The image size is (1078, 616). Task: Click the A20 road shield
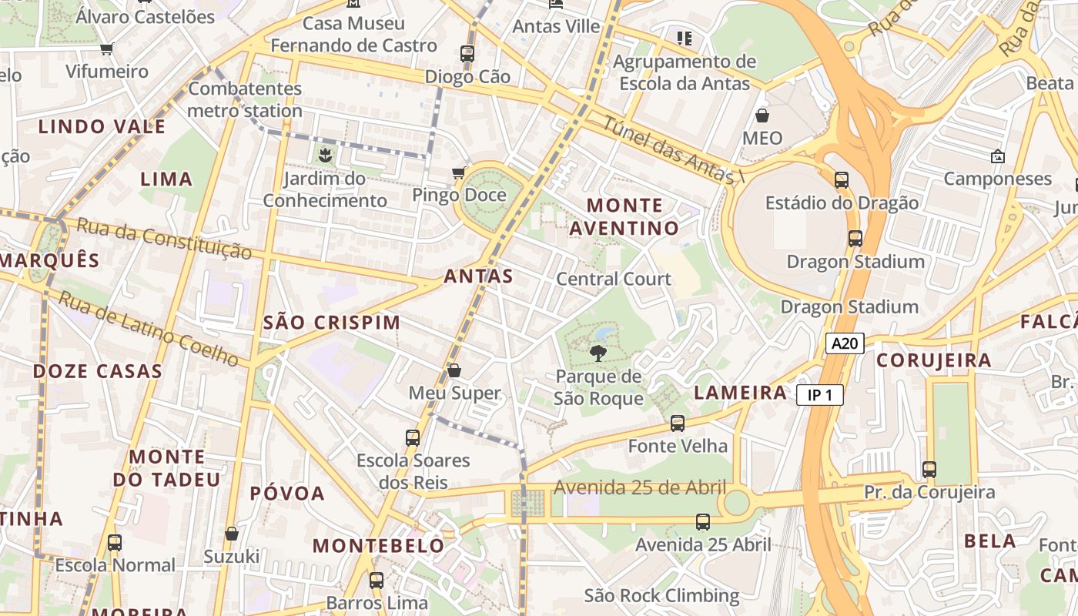(845, 343)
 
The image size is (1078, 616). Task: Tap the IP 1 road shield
(820, 396)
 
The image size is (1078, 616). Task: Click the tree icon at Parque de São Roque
(597, 353)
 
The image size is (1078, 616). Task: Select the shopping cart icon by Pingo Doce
(459, 172)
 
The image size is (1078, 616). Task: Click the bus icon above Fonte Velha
(678, 423)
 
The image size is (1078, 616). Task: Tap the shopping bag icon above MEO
(762, 115)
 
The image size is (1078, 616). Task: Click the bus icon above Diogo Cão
(467, 54)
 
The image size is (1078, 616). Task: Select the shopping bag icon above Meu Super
(454, 370)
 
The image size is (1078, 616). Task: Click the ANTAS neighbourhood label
(478, 276)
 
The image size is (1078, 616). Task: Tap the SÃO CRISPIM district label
(332, 323)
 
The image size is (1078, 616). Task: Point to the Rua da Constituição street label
(165, 239)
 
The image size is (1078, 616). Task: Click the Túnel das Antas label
(667, 150)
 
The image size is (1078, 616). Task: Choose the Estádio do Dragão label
(842, 203)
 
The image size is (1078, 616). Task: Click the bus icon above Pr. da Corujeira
(929, 469)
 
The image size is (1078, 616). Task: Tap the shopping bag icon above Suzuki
(232, 533)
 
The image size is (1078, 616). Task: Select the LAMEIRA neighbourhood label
(740, 393)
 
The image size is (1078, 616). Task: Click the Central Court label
(614, 279)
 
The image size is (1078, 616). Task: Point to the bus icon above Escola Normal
(115, 542)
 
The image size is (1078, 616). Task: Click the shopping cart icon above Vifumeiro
(107, 49)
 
